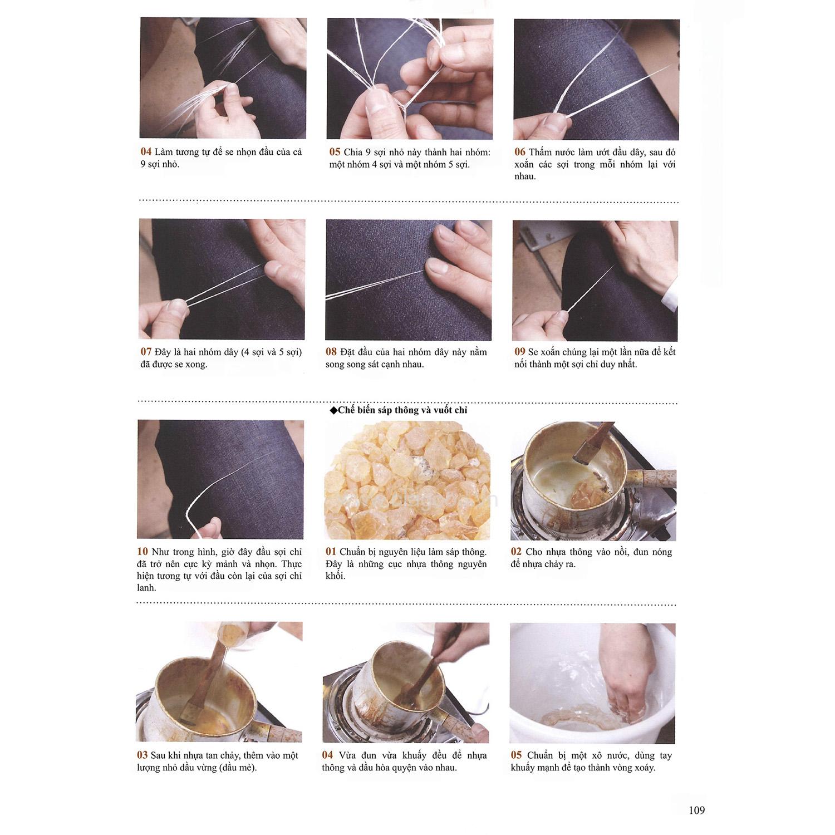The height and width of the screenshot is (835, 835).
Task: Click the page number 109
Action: (x=696, y=811)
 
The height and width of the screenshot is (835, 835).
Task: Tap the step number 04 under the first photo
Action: (x=146, y=151)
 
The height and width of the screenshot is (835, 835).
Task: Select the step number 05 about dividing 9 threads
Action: (x=335, y=152)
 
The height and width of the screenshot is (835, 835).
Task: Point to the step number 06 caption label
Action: (x=520, y=152)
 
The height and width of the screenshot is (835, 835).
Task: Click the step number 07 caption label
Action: (x=146, y=352)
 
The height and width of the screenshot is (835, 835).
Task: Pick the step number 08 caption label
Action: (x=331, y=352)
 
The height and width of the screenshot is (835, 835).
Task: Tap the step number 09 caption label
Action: (x=520, y=352)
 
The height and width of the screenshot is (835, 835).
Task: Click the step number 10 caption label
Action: (x=143, y=552)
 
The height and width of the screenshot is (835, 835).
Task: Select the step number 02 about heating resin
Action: (x=517, y=552)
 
